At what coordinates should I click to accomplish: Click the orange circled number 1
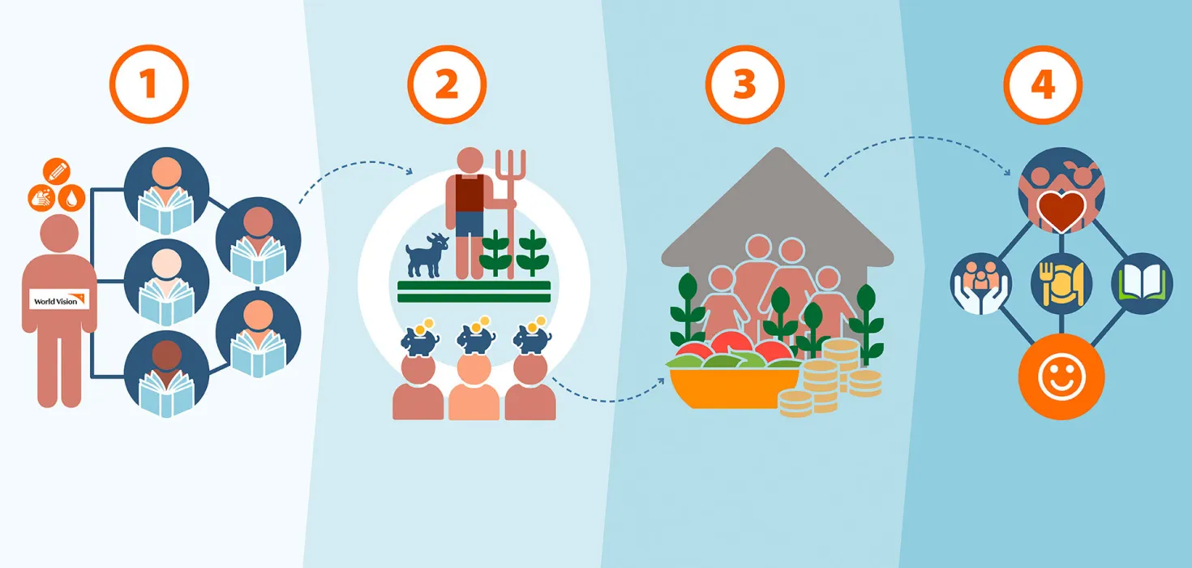(149, 84)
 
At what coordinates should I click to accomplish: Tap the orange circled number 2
(447, 84)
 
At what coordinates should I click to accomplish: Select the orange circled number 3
(745, 84)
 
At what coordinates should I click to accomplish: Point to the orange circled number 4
(1043, 84)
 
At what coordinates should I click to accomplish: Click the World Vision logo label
(59, 299)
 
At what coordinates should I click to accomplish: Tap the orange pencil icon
(57, 171)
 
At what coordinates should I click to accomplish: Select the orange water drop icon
(72, 198)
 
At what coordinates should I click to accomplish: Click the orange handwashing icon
(41, 198)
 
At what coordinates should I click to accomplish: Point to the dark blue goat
(427, 256)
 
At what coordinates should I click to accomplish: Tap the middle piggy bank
(476, 337)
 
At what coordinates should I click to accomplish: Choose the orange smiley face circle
(1061, 377)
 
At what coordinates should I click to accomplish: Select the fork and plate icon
(1061, 283)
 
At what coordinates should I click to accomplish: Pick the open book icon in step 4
(1142, 283)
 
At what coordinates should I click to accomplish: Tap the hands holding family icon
(980, 283)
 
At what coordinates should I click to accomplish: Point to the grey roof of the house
(778, 208)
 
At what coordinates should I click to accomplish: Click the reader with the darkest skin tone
(166, 374)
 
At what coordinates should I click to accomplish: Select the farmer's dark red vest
(470, 192)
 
